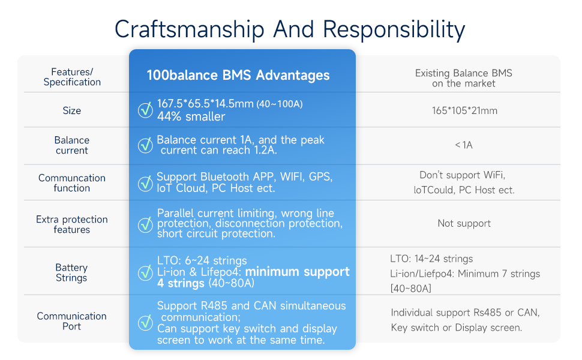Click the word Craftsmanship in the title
188,29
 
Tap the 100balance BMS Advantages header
238,75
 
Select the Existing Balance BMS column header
464,78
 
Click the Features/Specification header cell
72,77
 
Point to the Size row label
72,110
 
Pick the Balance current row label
72,145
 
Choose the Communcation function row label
72,183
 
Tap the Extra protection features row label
72,224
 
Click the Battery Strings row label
72,272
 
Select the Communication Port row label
72,321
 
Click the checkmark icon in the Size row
145,110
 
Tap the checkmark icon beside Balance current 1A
145,145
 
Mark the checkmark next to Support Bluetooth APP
145,183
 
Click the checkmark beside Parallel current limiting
145,224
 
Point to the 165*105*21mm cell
464,110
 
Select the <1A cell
464,145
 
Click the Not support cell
464,223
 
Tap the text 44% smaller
191,116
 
